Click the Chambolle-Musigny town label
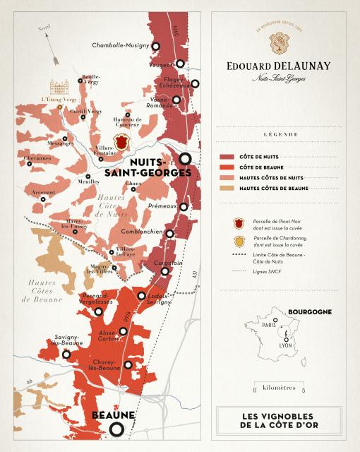122,46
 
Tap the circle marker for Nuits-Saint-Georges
186,159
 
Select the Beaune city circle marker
117,429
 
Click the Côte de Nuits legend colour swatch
227,156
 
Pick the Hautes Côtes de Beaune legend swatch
227,189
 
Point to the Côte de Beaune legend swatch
227,167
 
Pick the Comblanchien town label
140,232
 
